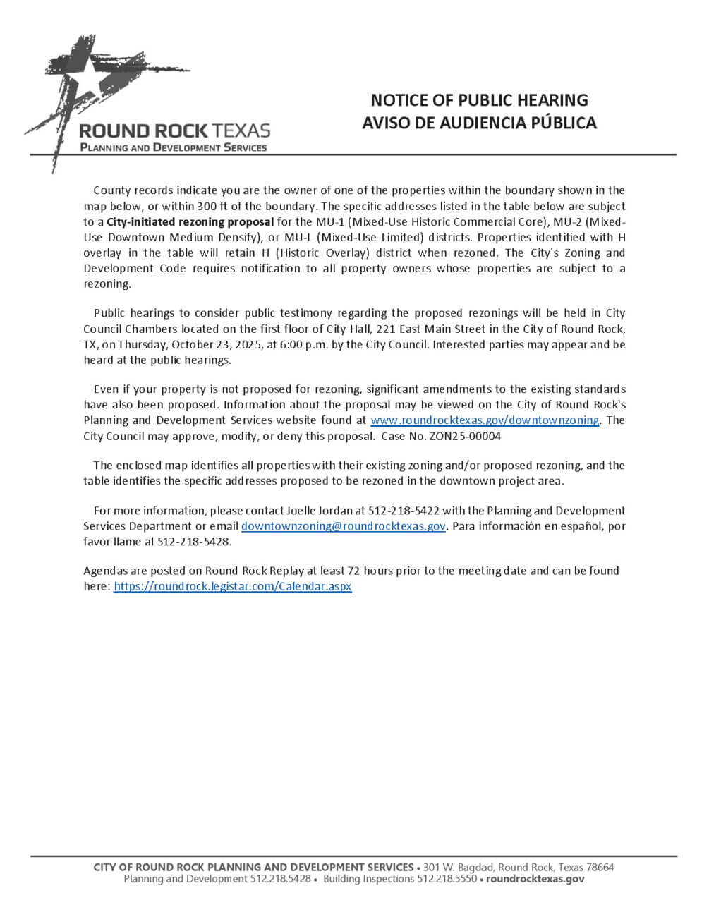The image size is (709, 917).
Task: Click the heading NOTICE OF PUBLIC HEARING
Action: click(x=479, y=100)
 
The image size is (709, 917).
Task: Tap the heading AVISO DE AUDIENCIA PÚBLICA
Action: click(x=479, y=123)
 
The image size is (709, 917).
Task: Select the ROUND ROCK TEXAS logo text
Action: click(x=174, y=130)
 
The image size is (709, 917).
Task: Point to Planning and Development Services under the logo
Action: click(x=174, y=147)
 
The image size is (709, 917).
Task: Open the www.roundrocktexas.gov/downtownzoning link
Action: click(x=485, y=420)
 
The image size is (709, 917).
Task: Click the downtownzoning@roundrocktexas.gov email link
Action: click(x=343, y=526)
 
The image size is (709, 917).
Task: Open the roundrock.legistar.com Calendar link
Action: click(x=232, y=586)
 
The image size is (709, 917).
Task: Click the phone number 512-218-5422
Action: click(x=404, y=511)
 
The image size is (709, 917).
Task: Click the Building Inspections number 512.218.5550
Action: click(x=447, y=879)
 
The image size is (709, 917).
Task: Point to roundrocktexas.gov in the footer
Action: click(x=535, y=879)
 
